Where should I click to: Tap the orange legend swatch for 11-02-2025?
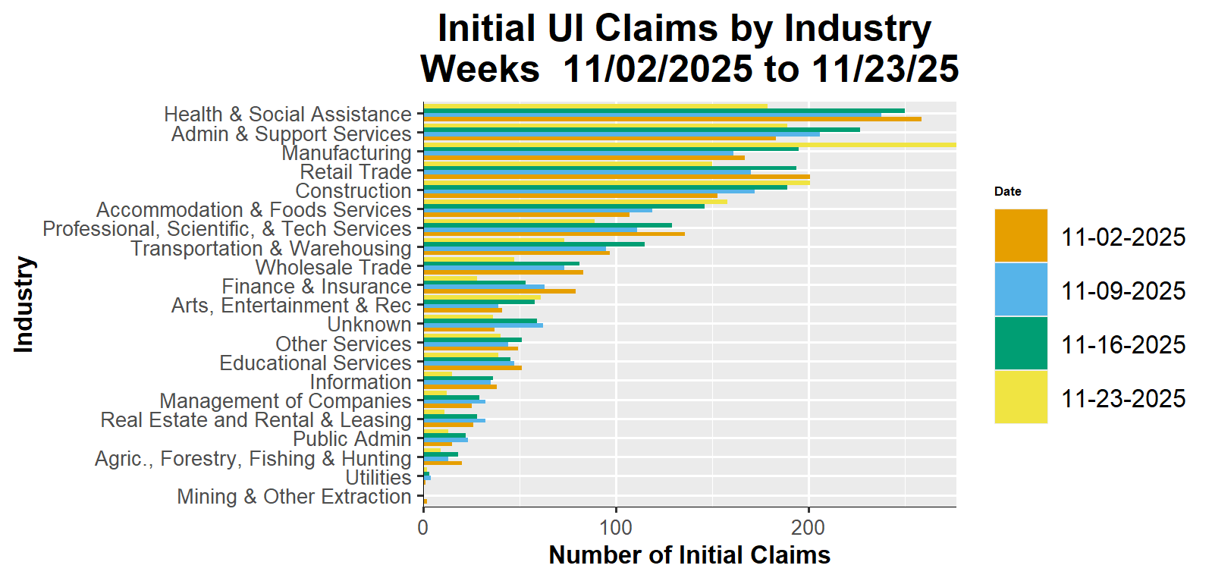(x=1020, y=236)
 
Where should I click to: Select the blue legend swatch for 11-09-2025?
(x=1020, y=290)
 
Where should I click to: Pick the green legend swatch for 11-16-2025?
(x=1020, y=344)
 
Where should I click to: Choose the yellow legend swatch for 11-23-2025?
(x=1020, y=397)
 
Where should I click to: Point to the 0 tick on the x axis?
(x=423, y=526)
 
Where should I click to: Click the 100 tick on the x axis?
(x=616, y=526)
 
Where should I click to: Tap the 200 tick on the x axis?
(x=809, y=526)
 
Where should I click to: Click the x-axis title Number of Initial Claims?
(x=689, y=555)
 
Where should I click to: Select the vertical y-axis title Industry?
(x=24, y=304)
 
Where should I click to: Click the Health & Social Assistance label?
(x=287, y=115)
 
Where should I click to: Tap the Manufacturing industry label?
(x=346, y=153)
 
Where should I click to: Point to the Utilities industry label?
(x=378, y=478)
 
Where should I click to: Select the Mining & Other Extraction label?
(x=294, y=497)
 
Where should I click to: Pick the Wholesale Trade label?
(x=333, y=268)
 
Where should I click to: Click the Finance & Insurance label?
(x=316, y=287)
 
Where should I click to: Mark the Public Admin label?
(x=352, y=439)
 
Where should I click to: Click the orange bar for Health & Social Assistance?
(x=672, y=119)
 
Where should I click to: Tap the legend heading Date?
(x=1007, y=191)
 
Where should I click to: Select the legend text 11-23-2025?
(x=1123, y=399)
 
